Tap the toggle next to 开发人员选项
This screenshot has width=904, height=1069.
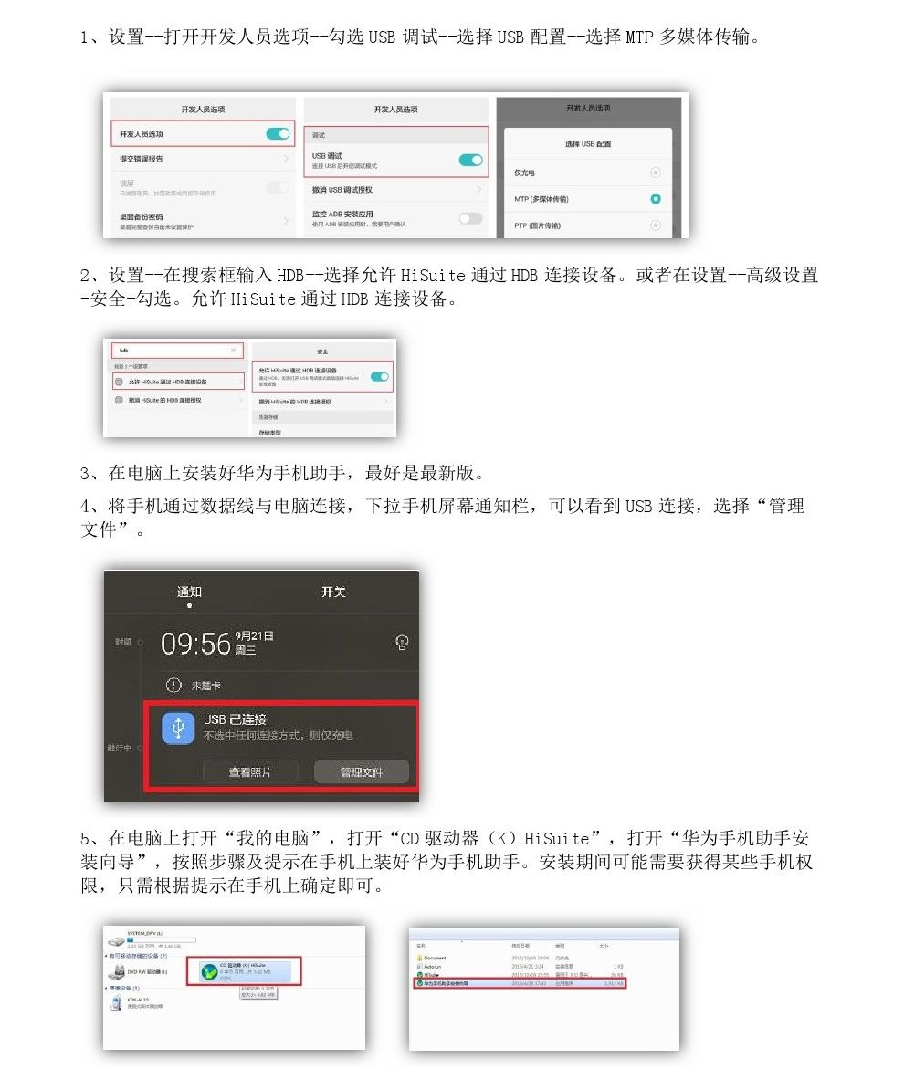click(x=278, y=134)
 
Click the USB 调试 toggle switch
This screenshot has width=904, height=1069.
click(x=470, y=161)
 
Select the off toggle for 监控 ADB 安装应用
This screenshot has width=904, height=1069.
click(x=470, y=218)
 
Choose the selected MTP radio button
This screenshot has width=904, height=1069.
click(x=655, y=199)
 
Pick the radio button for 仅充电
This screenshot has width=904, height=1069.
click(x=655, y=173)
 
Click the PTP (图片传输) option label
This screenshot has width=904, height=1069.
click(x=538, y=225)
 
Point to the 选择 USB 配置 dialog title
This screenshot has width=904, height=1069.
click(x=588, y=144)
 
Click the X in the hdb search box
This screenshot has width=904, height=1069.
click(x=234, y=351)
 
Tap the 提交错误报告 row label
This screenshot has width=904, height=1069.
click(x=142, y=159)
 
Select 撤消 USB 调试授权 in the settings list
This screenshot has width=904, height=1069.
click(x=342, y=190)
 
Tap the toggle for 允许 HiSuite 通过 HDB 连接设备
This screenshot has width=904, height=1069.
click(x=380, y=376)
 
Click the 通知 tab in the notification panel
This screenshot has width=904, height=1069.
click(x=189, y=592)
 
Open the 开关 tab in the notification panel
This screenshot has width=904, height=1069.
click(x=333, y=592)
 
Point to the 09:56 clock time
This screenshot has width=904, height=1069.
click(x=195, y=644)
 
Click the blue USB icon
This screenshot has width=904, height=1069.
click(x=178, y=728)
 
